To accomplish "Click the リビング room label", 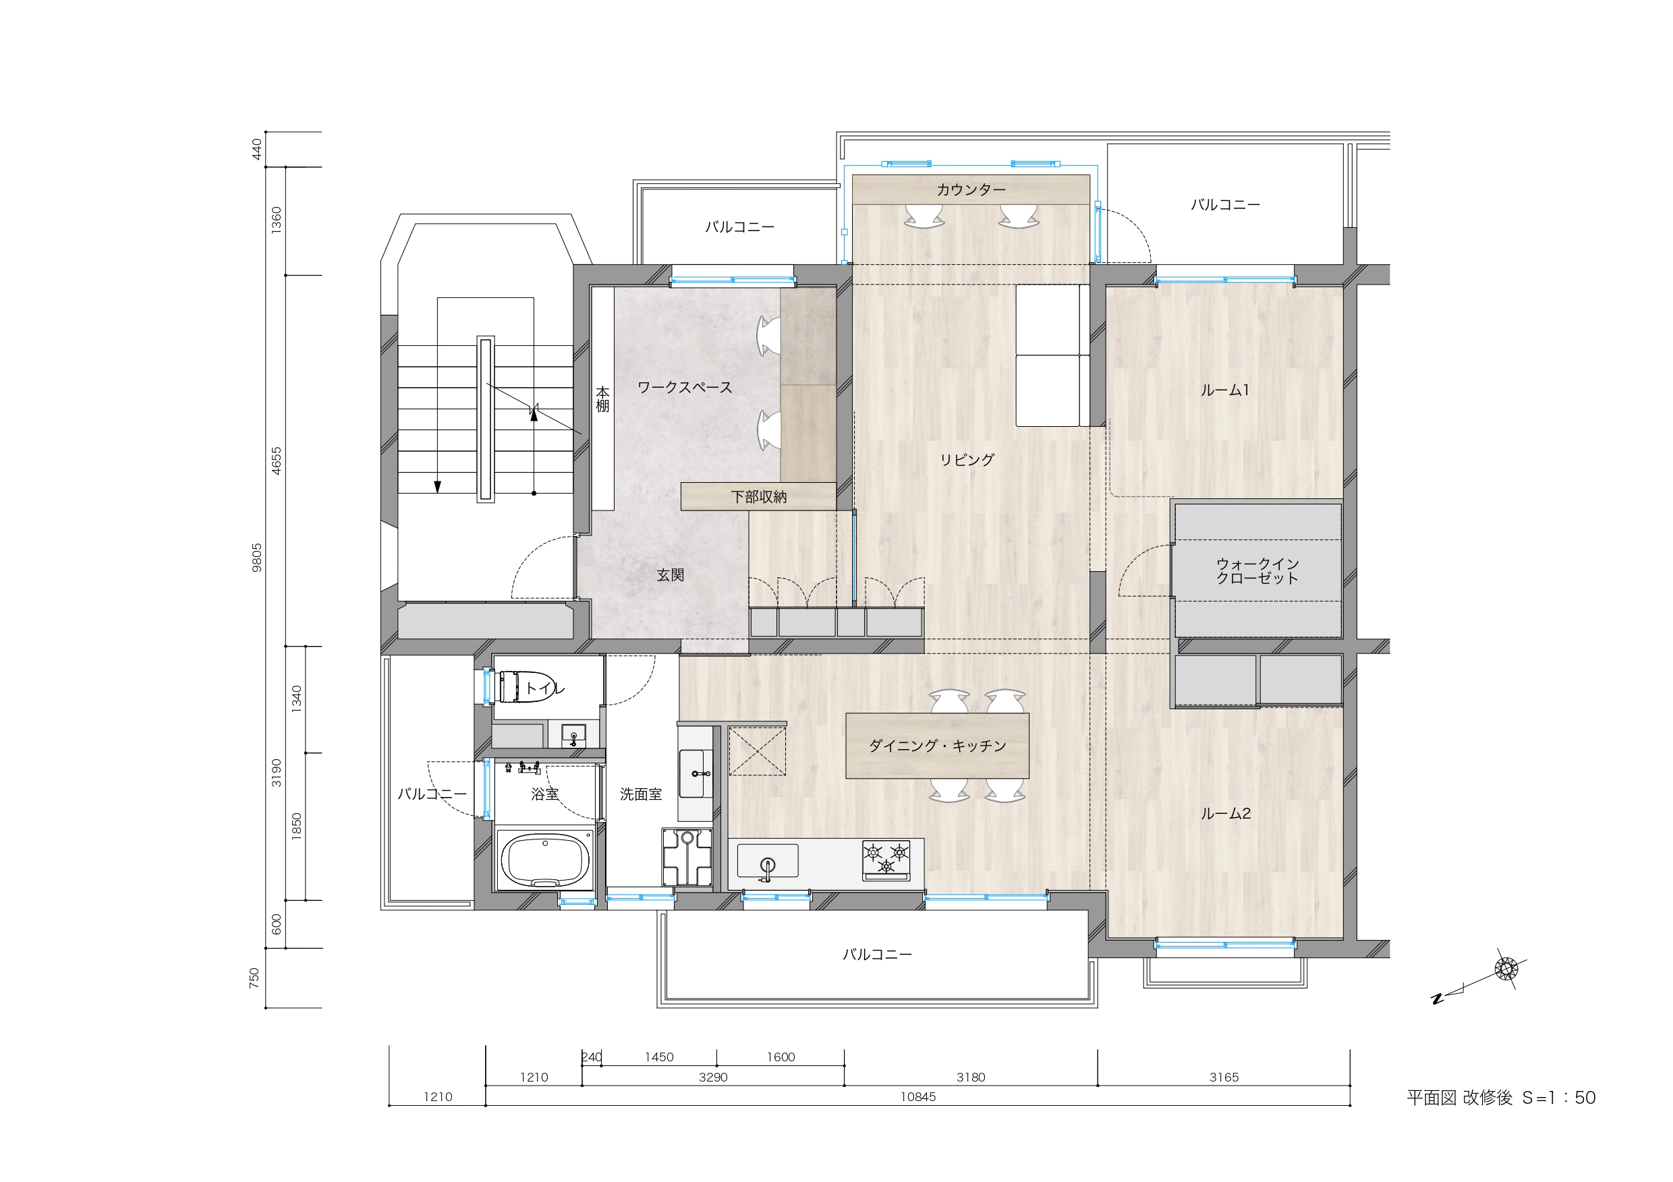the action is coord(967,460).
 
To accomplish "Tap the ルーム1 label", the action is coord(1225,390).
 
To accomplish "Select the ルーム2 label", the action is coord(1226,813).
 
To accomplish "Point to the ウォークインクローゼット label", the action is coord(1257,571).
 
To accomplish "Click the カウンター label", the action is coord(971,190).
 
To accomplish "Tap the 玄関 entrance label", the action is coord(671,575).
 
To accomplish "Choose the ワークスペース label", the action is coord(685,388).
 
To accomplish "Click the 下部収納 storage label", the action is coord(758,497).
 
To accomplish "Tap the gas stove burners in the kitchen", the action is coord(886,860).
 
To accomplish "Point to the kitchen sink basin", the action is coord(767,860).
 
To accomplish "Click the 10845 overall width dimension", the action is coord(918,1097).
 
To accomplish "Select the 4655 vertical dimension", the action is coord(276,461).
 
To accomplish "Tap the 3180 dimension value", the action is coord(971,1077).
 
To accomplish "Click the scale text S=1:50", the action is coord(1558,1098).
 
